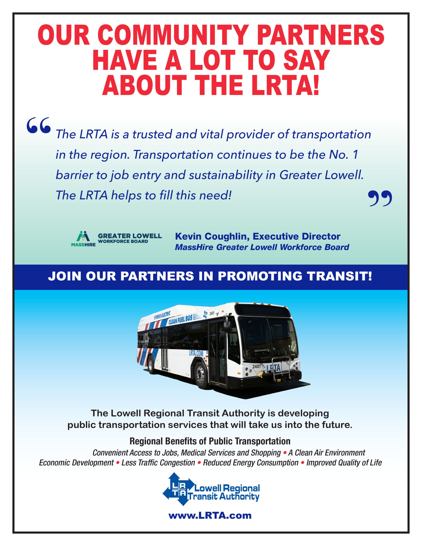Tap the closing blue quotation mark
380,198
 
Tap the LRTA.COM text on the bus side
196,353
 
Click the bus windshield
267,338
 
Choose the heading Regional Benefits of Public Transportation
210,441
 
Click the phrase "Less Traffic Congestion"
158,463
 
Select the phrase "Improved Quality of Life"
344,463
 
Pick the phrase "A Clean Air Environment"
327,453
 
